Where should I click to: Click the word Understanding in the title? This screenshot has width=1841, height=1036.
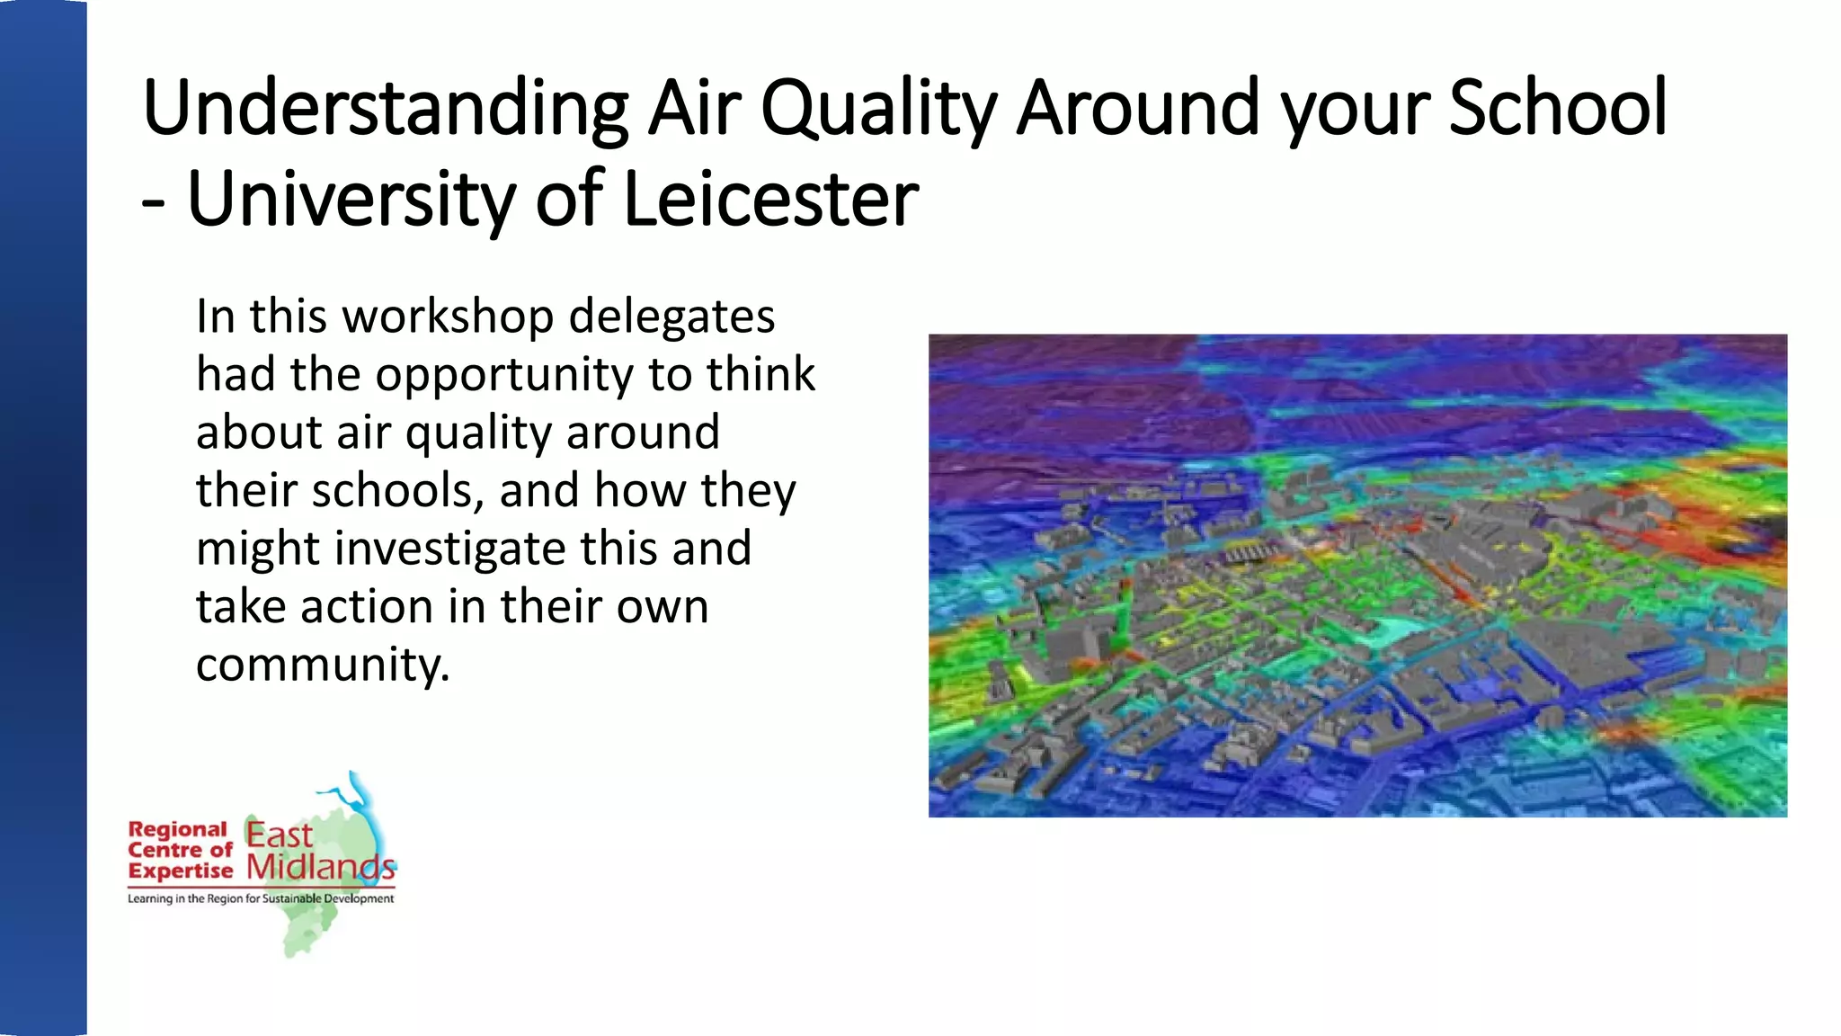385,110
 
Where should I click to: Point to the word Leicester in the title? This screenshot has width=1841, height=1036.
770,200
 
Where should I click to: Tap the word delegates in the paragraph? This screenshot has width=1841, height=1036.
671,317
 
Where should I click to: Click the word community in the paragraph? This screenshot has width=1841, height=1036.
322,665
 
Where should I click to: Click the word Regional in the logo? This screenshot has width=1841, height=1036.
178,829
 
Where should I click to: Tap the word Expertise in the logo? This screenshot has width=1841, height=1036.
181,871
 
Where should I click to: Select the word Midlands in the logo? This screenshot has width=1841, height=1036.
321,867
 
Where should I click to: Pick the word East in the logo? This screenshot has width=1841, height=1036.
279,835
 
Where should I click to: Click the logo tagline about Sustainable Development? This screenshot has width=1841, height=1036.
261,898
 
